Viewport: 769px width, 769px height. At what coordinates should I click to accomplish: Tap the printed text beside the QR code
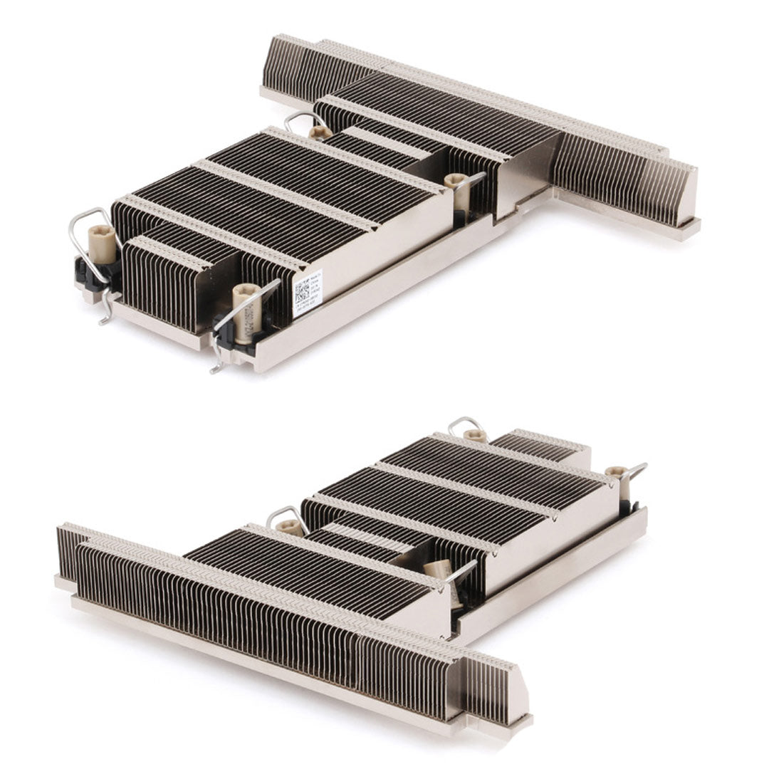[x=315, y=285]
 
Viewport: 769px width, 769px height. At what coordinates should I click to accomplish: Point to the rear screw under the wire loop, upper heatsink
[x=320, y=132]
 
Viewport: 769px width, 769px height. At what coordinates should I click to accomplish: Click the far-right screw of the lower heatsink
[x=617, y=472]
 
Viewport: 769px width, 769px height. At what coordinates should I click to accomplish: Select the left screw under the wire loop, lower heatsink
[x=289, y=527]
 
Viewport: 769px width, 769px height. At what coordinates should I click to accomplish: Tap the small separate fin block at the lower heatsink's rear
[x=541, y=445]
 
